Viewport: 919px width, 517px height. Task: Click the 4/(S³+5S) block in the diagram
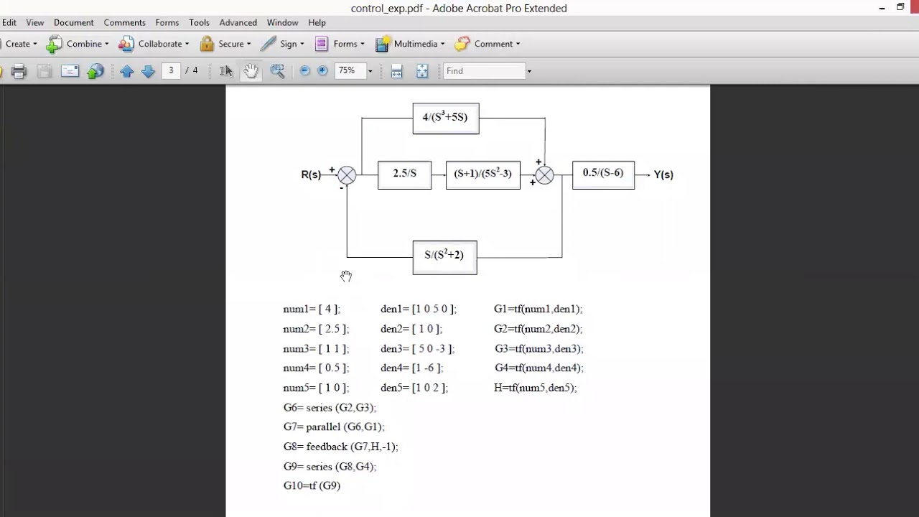[x=446, y=118]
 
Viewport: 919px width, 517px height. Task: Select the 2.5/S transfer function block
[x=404, y=174]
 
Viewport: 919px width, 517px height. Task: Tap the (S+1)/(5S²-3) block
[x=482, y=174]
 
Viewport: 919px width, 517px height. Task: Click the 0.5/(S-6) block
[x=603, y=174]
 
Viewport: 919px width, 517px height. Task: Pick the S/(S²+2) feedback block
[x=444, y=256]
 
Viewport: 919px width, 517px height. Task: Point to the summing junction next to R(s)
[x=347, y=175]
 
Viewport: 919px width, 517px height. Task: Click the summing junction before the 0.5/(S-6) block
[x=544, y=175]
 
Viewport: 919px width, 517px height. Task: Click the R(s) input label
[x=311, y=174]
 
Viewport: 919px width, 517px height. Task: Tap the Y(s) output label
[x=663, y=174]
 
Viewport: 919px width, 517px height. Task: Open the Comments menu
[x=124, y=23]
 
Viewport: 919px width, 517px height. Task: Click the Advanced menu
[x=238, y=23]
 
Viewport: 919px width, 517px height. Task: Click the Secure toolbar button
[x=225, y=44]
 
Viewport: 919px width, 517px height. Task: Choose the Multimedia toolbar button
[x=409, y=44]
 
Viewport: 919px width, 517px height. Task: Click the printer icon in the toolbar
[x=19, y=71]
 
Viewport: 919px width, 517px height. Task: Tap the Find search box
[x=485, y=71]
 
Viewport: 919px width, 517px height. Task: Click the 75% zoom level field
[x=349, y=71]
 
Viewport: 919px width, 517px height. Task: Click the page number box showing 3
[x=171, y=71]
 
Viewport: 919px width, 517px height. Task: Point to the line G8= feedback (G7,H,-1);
[x=340, y=447]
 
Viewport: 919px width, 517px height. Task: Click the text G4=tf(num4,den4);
[x=538, y=368]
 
